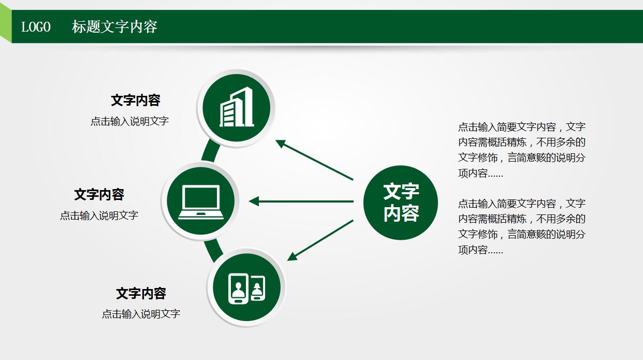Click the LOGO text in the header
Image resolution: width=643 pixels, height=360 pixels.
36,27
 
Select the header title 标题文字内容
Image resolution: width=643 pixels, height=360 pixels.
114,27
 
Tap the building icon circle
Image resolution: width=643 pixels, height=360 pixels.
236,108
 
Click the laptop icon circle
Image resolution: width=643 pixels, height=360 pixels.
201,201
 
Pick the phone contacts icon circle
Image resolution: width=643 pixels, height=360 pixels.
246,287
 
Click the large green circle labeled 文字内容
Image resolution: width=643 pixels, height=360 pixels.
400,203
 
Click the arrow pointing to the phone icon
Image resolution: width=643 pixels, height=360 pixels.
320,240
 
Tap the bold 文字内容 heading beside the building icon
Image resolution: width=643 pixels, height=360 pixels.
136,100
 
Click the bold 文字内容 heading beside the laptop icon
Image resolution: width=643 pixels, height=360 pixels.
99,194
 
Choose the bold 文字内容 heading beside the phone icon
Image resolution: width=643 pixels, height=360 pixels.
141,293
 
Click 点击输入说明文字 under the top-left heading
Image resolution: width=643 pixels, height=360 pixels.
129,121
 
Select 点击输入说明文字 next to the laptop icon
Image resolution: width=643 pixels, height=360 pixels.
99,215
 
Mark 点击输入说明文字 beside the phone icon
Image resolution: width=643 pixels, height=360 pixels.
141,313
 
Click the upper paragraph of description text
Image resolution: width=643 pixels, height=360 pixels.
521,150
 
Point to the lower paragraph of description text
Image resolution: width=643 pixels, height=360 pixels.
521,226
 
